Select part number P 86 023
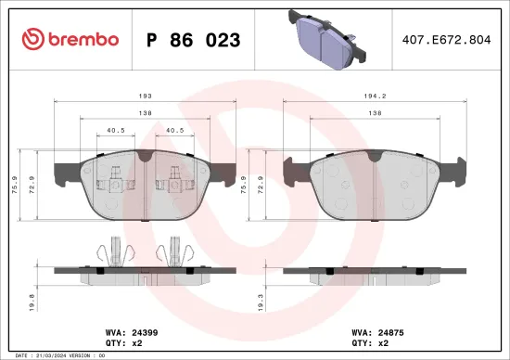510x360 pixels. [x=194, y=40]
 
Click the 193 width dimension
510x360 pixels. [x=143, y=97]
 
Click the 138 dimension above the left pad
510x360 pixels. [x=143, y=113]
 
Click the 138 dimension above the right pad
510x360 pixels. [x=371, y=113]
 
